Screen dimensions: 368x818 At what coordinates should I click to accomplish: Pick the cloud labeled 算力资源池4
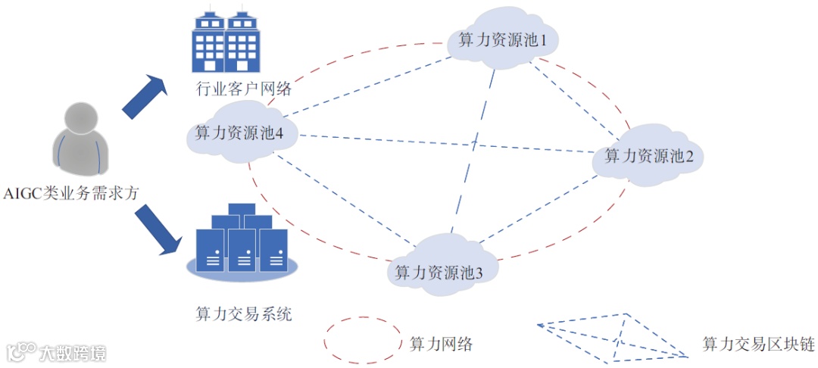[x=235, y=135]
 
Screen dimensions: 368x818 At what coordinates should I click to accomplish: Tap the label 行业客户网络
[x=233, y=89]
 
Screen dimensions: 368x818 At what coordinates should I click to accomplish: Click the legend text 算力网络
[x=441, y=343]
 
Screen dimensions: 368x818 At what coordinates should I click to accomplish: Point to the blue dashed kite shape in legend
[x=613, y=338]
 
